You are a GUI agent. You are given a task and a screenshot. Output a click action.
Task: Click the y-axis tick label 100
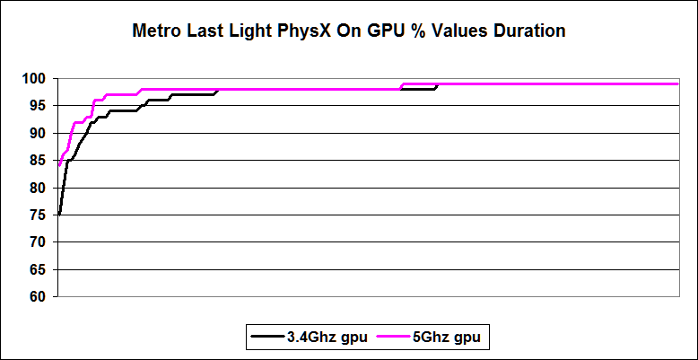(x=36, y=79)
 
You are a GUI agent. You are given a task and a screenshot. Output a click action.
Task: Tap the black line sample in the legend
(x=268, y=337)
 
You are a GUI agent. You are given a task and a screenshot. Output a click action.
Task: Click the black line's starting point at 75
(x=59, y=215)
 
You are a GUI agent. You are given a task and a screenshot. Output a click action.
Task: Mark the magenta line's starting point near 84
(x=59, y=165)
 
